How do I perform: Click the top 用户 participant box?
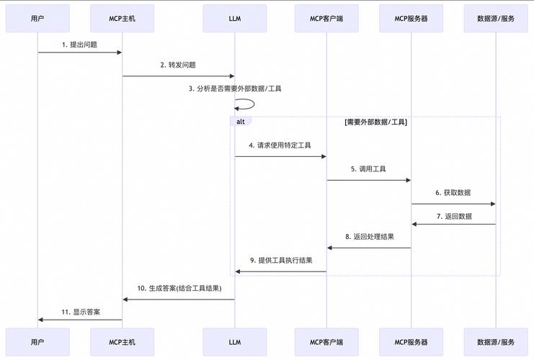[37, 18]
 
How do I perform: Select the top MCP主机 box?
[122, 18]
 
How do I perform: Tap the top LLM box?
[234, 18]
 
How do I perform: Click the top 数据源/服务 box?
[496, 18]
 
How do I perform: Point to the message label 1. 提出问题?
[79, 45]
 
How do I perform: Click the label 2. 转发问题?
[178, 65]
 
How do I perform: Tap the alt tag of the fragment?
[241, 122]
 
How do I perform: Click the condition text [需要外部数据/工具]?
[375, 122]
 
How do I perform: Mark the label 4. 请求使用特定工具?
[280, 145]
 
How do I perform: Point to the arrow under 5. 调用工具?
[369, 180]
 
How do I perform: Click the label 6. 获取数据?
[453, 193]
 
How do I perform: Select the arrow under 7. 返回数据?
[454, 224]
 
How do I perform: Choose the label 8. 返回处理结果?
[369, 237]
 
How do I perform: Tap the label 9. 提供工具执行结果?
[281, 261]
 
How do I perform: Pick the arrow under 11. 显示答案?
[79, 320]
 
